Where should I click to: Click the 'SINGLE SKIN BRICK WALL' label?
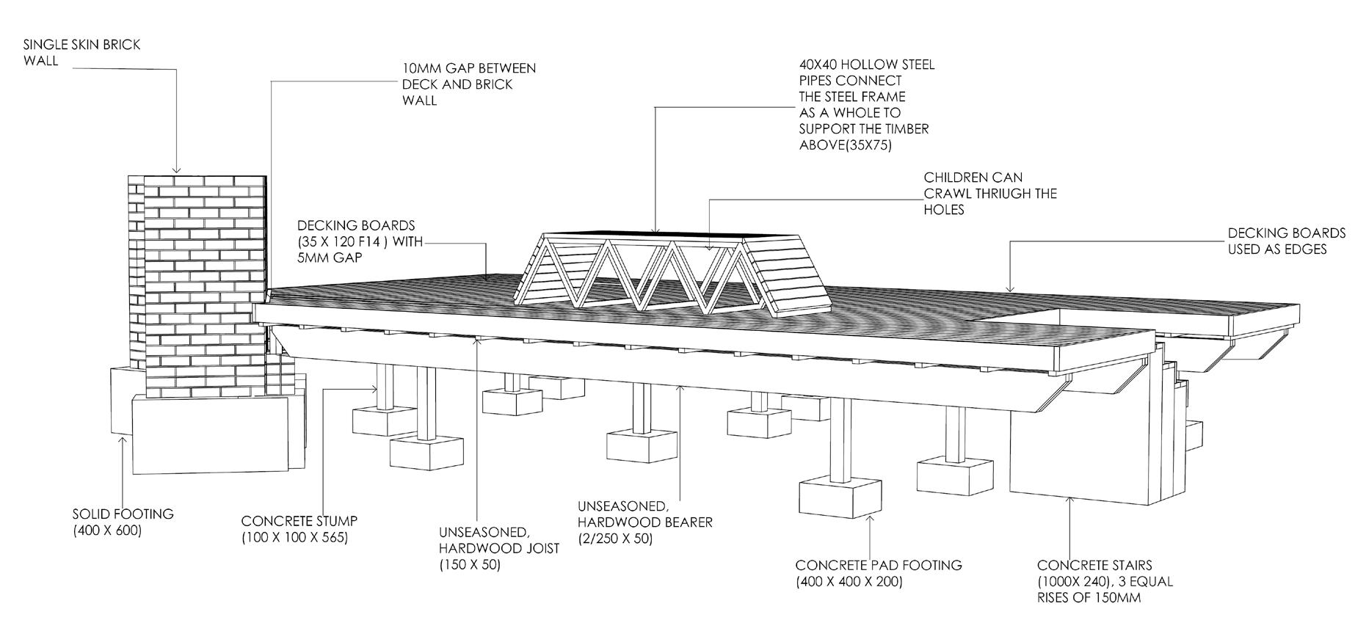coord(81,52)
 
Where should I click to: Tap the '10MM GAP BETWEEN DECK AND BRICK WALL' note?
coord(468,84)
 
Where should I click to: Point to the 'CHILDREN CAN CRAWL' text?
coord(989,194)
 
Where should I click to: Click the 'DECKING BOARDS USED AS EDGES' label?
coord(1286,241)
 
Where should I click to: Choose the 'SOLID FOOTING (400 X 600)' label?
coord(123,521)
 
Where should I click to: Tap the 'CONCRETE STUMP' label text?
coord(299,521)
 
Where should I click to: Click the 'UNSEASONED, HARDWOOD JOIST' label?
coord(498,540)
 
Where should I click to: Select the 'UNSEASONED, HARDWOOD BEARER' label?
coord(644,514)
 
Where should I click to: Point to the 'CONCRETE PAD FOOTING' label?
coord(878,565)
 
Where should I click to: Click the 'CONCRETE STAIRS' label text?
coord(1094,565)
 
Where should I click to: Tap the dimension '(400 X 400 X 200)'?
coord(849,582)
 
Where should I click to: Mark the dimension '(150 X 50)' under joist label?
coord(470,565)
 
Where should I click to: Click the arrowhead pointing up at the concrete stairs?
coord(1069,501)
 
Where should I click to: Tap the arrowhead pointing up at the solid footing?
coord(123,440)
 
